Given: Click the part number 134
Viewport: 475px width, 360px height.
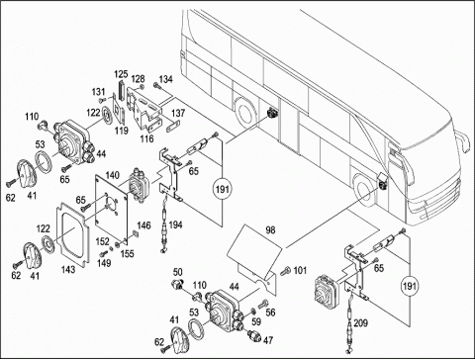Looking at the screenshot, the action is tap(165, 79).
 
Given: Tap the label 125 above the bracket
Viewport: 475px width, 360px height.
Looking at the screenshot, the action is tap(121, 74).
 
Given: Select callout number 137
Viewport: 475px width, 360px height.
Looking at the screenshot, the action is tap(178, 113).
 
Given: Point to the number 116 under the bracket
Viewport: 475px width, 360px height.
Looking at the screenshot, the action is tap(146, 138).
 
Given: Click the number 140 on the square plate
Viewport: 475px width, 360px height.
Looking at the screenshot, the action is tap(113, 175).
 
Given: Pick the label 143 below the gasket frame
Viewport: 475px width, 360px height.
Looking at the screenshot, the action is tap(68, 269).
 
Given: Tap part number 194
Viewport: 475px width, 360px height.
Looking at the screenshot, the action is tap(175, 225).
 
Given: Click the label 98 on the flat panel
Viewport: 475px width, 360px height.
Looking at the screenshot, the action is tap(270, 229).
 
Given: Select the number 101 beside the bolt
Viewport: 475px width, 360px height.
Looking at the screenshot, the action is tap(300, 271).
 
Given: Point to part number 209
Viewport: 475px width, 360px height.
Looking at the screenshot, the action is tap(360, 322).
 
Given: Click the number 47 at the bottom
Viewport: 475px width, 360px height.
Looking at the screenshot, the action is tap(268, 340).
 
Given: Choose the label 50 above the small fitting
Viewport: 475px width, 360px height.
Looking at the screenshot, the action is tap(177, 272).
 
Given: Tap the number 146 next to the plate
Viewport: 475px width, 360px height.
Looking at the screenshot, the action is tap(143, 225).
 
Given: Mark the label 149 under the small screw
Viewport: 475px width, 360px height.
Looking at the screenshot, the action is tap(104, 263).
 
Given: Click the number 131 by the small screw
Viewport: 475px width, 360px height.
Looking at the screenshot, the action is tap(98, 92).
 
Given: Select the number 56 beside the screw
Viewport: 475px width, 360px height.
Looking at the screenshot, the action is tap(270, 313).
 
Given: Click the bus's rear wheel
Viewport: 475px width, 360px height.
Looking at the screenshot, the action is tap(245, 113).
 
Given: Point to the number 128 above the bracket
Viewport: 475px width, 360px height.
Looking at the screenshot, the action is tap(138, 79).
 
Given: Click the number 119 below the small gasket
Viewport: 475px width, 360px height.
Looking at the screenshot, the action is tap(122, 131).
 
